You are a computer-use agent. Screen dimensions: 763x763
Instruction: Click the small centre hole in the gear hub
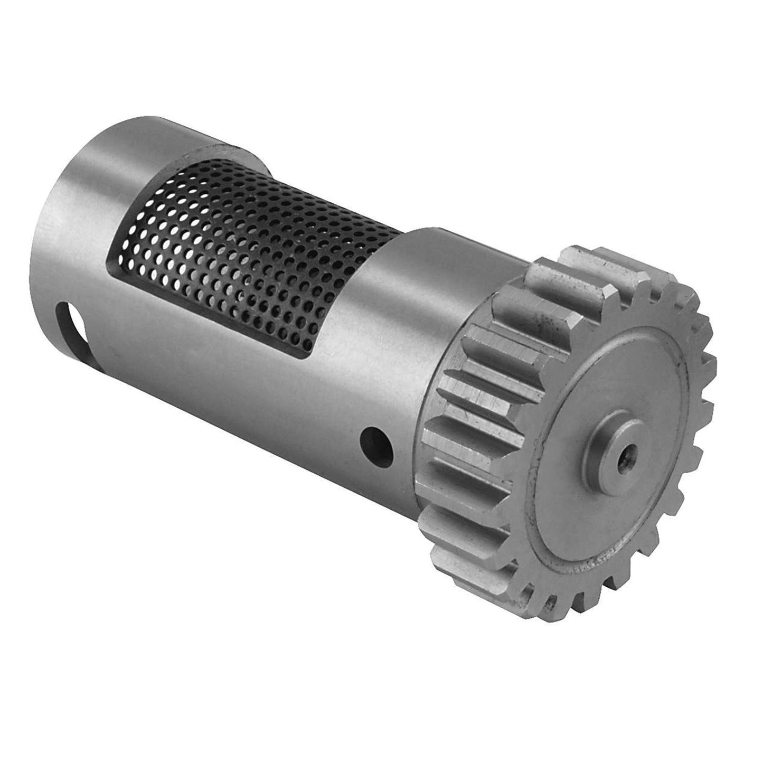[x=629, y=451]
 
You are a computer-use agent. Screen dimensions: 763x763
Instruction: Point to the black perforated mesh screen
[x=253, y=248]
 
